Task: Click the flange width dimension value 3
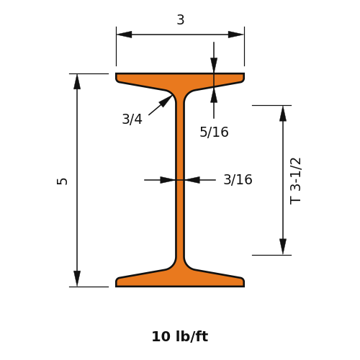[x=181, y=19]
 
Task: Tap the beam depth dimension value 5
[x=62, y=181]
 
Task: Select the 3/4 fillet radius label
[x=132, y=119]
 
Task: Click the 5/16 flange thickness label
[x=214, y=132]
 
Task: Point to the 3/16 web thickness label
[x=238, y=179]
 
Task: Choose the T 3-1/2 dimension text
[x=295, y=181]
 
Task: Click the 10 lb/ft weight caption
[x=180, y=336]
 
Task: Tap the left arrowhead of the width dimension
[x=124, y=35]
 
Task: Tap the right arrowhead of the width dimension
[x=235, y=35]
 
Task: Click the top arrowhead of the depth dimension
[x=77, y=81]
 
